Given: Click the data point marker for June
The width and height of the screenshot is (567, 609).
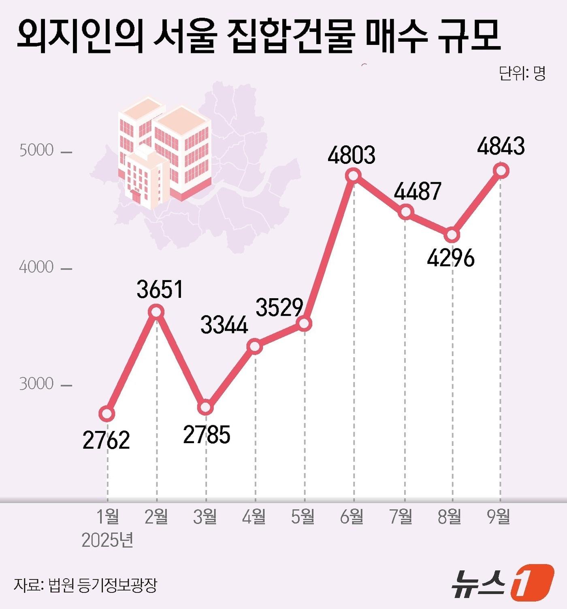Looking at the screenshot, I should point(353,176).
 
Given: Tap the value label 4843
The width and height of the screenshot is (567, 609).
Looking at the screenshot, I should point(501,146).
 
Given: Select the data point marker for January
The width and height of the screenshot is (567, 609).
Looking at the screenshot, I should point(107,413).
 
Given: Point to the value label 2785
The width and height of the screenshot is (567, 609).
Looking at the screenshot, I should point(207,435).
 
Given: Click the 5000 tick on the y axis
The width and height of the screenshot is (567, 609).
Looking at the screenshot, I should point(36,150).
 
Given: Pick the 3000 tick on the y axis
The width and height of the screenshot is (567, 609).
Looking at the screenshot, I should point(36,384).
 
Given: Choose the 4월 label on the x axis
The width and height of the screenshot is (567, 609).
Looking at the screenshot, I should point(254,517).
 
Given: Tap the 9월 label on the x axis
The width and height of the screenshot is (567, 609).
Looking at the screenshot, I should point(499,517).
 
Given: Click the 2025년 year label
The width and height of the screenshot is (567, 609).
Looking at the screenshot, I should point(107,540).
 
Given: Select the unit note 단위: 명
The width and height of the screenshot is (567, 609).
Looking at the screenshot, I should point(522,73).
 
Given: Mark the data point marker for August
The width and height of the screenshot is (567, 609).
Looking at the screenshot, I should point(452,235).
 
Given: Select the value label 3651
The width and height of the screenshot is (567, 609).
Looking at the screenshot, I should point(160,289).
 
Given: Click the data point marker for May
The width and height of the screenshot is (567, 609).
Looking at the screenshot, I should point(304,323).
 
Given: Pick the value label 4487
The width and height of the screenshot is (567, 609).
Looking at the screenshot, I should point(418,191).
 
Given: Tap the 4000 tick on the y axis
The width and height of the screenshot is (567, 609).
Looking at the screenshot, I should point(36,267).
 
